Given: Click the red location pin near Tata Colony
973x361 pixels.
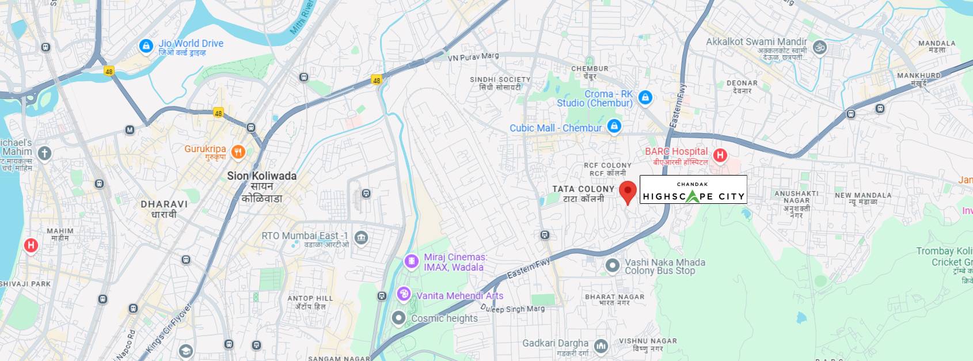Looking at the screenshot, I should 628,191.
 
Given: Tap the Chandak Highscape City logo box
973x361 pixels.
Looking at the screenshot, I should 693,190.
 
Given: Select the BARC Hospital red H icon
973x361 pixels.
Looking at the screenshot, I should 720,155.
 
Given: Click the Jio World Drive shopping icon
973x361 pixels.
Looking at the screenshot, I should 146,45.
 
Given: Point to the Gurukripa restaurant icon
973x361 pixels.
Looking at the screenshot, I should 238,152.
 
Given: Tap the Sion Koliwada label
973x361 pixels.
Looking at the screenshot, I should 262,176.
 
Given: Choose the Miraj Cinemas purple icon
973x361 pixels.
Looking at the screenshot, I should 411,261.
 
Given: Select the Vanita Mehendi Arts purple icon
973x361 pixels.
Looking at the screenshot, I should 404,295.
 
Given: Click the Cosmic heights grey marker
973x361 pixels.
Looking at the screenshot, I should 398,318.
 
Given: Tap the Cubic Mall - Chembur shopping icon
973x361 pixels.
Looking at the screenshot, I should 614,126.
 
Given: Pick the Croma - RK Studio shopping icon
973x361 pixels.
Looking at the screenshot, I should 645,97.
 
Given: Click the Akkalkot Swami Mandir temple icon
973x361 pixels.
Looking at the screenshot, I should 819,47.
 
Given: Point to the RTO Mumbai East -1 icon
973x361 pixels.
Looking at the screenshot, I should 361,237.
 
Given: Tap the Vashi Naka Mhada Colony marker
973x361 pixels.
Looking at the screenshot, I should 613,265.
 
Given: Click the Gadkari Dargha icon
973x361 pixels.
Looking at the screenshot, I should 601,345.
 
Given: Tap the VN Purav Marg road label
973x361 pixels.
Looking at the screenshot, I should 473,56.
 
